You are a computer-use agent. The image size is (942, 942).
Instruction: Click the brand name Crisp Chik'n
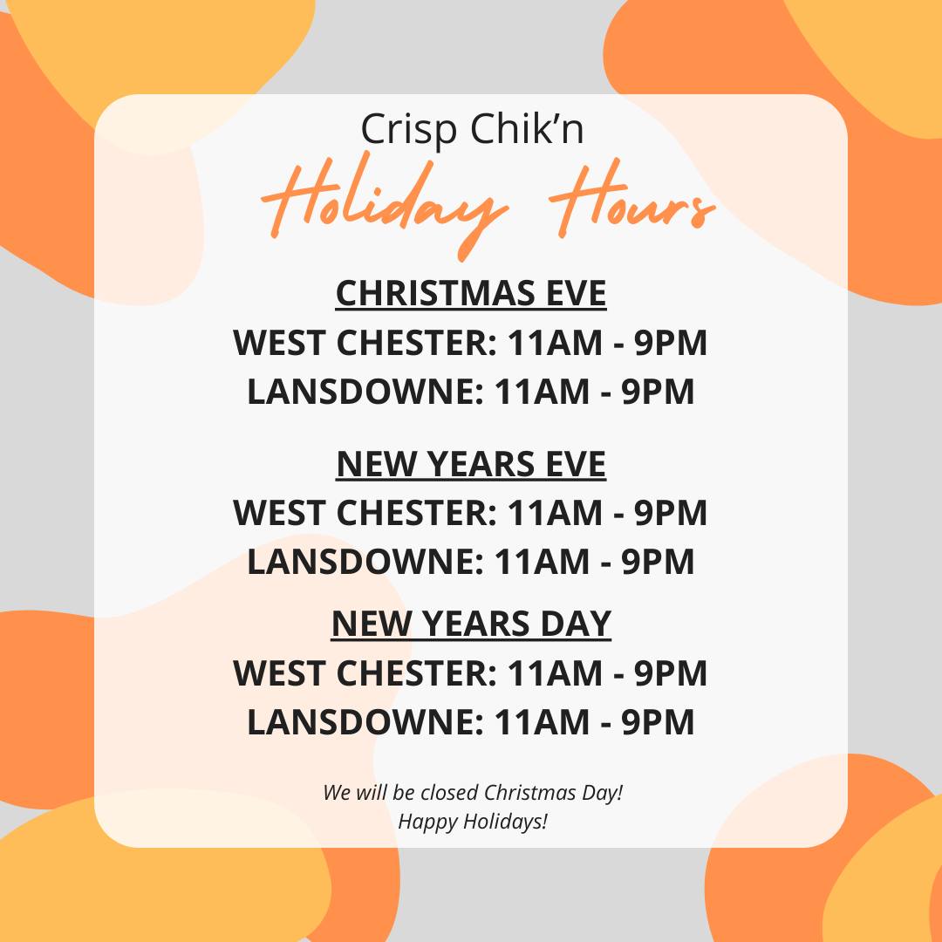472,128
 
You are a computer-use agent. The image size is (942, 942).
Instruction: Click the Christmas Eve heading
471,293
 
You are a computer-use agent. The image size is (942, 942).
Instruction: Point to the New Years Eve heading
471,464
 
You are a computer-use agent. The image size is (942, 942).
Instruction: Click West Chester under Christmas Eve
365,343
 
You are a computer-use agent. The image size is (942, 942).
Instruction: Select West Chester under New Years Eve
365,513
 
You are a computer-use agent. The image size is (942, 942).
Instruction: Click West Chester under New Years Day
365,672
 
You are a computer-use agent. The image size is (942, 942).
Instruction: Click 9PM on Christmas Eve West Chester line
671,343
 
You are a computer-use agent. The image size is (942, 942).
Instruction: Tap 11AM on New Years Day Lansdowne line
542,721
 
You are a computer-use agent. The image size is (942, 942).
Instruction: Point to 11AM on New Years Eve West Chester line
555,513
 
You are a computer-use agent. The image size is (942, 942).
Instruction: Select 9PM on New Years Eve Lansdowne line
658,562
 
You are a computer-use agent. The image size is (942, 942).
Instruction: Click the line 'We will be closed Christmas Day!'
473,793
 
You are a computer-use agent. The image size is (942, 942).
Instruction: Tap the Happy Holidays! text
473,822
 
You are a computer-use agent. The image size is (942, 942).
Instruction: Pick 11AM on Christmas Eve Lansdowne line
542,392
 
